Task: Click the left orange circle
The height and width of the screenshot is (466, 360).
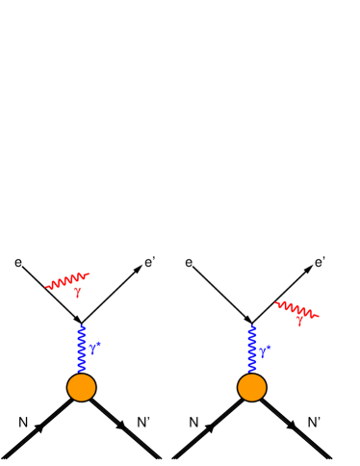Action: pos(82,387)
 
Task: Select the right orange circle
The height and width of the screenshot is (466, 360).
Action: pos(252,387)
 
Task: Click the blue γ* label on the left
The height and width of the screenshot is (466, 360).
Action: pos(94,348)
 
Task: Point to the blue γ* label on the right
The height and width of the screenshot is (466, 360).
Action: pos(265,350)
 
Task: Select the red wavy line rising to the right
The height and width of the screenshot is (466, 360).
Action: pos(67,280)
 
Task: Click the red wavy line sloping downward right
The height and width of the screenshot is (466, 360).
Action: pos(296,309)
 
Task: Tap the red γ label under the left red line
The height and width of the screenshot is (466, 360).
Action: pos(78,291)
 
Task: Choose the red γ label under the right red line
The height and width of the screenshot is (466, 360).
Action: pos(299,321)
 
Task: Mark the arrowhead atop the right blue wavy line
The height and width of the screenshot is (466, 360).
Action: pos(252,327)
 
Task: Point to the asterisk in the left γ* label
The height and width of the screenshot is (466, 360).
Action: pos(98,343)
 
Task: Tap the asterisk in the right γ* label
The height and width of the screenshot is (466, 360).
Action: pos(268,347)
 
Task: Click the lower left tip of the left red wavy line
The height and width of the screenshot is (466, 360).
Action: pos(46,287)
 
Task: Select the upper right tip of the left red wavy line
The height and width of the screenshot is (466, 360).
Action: pos(89,274)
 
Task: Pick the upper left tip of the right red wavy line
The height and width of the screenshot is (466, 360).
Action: pos(275,303)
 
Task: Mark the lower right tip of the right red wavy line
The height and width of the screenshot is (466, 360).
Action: pos(318,316)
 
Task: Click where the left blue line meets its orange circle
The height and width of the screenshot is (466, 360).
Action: pos(82,374)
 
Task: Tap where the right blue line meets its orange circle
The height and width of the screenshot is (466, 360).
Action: pos(252,374)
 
